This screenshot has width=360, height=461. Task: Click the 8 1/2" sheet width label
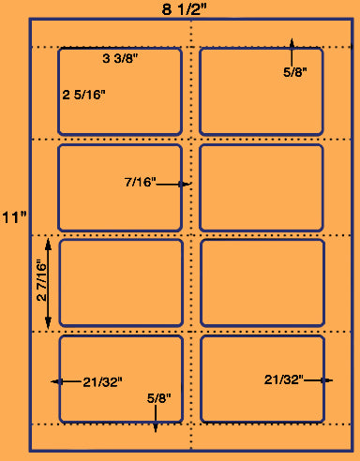click(185, 9)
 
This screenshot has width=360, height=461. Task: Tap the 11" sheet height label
click(14, 217)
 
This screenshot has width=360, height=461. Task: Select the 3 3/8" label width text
click(120, 58)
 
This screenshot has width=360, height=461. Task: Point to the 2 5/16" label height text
click(83, 95)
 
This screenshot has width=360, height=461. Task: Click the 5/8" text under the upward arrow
click(295, 72)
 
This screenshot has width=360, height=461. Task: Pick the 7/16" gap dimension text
click(140, 182)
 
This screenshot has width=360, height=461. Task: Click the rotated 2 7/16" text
click(41, 280)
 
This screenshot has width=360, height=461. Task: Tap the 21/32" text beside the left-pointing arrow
click(102, 382)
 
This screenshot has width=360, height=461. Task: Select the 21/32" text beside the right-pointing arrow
click(284, 379)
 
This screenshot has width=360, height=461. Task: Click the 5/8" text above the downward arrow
click(159, 398)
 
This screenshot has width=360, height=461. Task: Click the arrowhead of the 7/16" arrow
click(186, 185)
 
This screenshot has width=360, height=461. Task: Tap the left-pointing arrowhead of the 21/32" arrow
click(56, 381)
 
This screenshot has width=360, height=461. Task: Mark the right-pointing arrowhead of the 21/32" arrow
click(327, 380)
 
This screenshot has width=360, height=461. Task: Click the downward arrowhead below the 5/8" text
click(156, 427)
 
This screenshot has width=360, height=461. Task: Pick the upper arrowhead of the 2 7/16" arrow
click(48, 245)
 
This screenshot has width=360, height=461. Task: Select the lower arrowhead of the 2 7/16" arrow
click(48, 322)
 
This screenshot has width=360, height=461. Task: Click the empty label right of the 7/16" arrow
click(262, 187)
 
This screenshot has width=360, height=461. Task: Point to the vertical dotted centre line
click(191, 234)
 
